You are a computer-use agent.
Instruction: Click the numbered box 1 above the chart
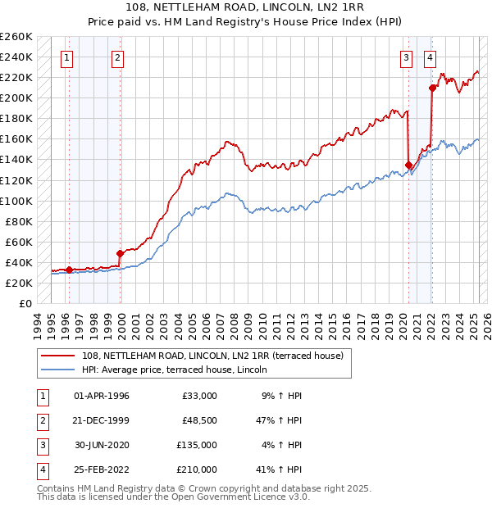[x=66, y=58]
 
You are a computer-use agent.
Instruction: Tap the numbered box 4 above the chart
[x=430, y=58]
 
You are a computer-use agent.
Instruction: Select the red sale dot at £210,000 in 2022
[x=432, y=88]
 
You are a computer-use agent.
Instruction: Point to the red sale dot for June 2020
[x=408, y=165]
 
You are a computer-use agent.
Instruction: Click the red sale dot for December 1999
[x=120, y=253]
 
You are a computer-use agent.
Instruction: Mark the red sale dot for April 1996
[x=69, y=270]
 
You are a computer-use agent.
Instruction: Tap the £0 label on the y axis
[x=24, y=303]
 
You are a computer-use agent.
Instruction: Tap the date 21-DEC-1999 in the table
[x=101, y=420]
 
